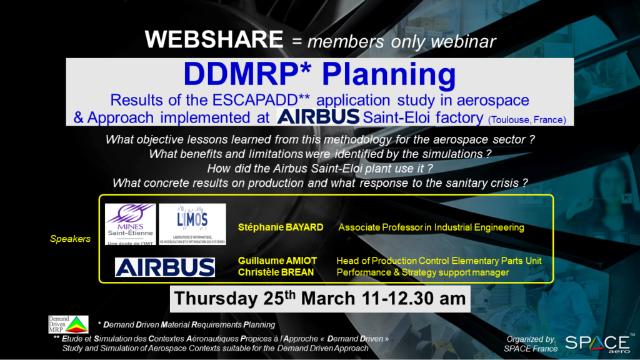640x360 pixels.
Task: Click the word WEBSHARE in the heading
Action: (214, 39)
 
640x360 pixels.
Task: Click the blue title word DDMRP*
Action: (247, 74)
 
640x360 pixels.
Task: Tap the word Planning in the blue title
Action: (389, 75)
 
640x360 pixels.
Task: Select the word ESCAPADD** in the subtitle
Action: (261, 100)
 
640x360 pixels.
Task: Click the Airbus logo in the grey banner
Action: (318, 116)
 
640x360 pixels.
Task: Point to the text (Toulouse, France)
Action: (527, 120)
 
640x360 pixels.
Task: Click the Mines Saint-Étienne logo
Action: (130, 224)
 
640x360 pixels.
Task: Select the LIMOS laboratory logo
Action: (192, 224)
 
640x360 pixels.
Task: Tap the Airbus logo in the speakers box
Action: (165, 267)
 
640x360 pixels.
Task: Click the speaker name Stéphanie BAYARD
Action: (281, 227)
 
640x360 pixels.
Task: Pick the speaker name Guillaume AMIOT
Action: (277, 261)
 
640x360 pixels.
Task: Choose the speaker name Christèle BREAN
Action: (276, 272)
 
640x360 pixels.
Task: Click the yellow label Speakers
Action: (70, 239)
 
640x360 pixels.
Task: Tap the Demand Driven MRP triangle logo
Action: (68, 324)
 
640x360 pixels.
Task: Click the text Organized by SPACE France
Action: (531, 344)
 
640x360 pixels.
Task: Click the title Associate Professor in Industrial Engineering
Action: (431, 227)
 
